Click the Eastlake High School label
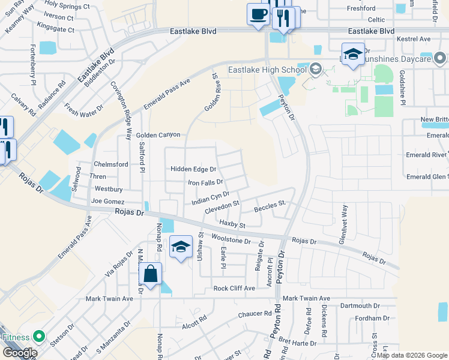(x=268, y=70)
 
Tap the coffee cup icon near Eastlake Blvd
(x=258, y=14)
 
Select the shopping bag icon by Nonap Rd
(x=150, y=275)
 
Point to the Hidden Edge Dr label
(x=193, y=169)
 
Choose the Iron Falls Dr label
(x=205, y=182)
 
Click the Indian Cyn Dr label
(x=211, y=198)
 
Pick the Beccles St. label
(x=269, y=208)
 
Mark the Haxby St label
(x=232, y=224)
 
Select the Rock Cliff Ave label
(x=234, y=289)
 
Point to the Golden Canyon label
(x=158, y=136)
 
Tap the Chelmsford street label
(x=110, y=164)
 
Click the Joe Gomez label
(x=108, y=202)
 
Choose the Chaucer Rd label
(x=255, y=314)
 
